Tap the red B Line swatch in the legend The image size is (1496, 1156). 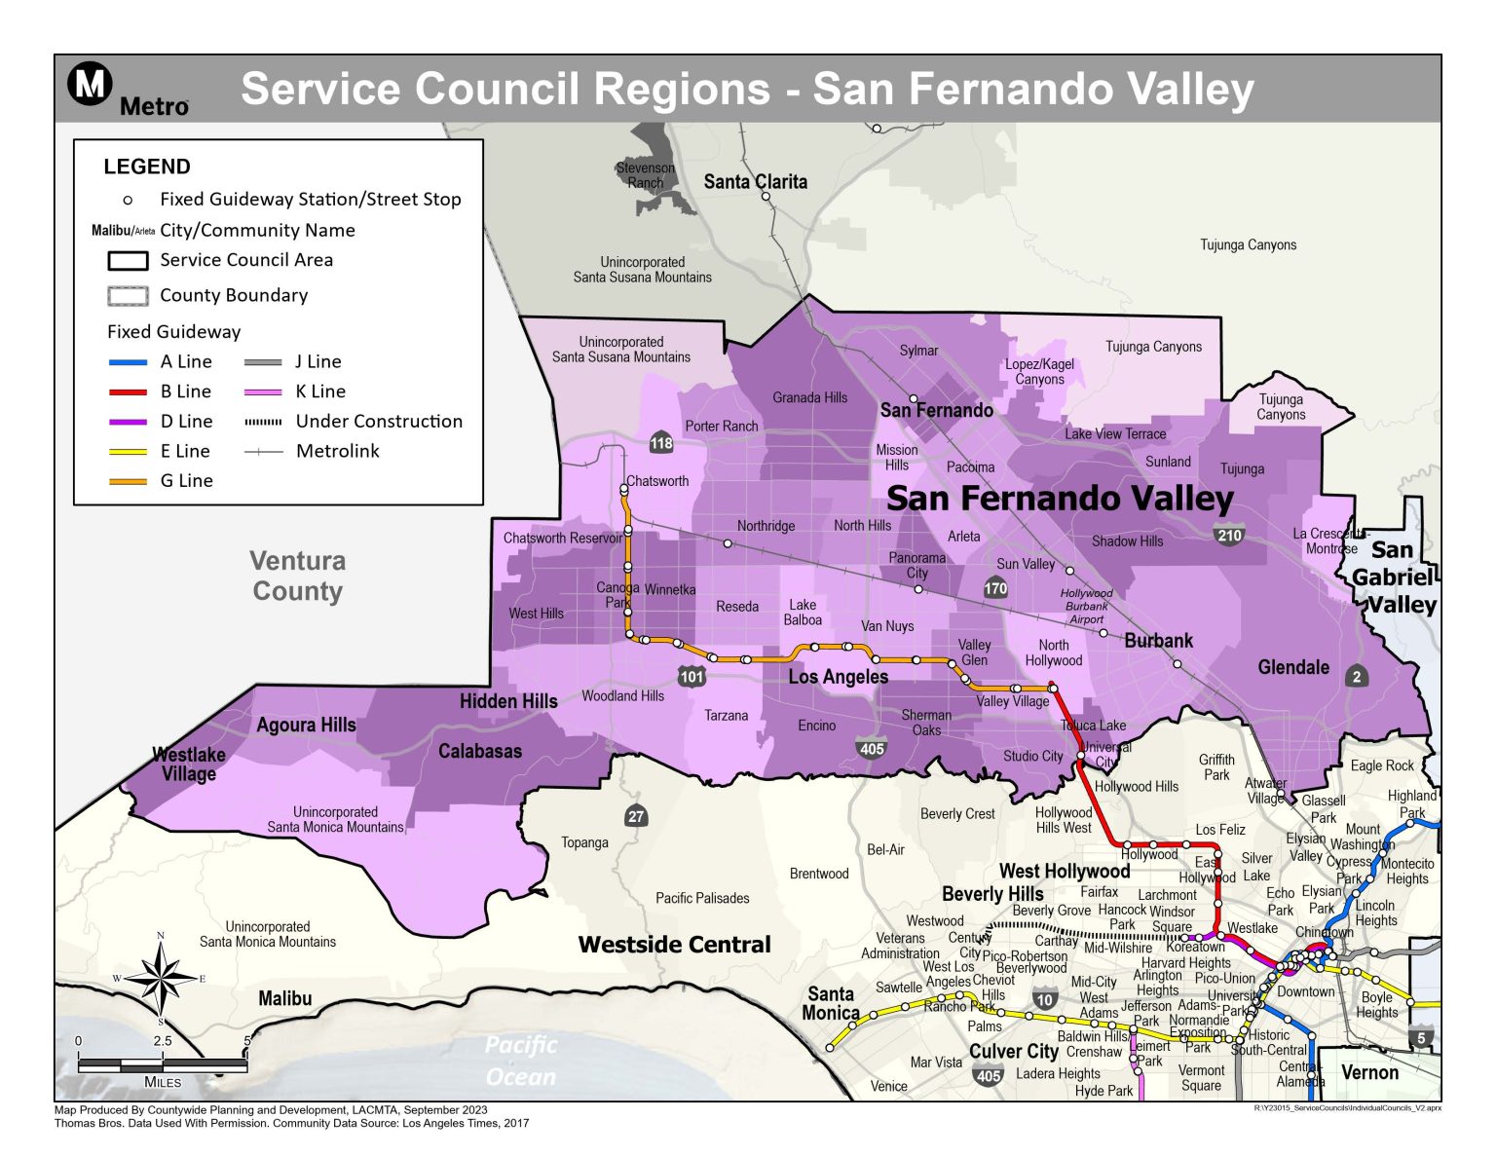point(128,392)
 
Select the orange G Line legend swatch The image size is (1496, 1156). point(128,481)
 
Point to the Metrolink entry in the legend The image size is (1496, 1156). point(337,451)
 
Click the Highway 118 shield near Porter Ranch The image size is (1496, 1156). point(661,443)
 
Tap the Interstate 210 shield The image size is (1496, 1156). point(1229,535)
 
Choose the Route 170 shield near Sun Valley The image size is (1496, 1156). point(995,588)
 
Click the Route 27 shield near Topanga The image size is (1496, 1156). point(636,816)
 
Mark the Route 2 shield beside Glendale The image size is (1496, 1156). point(1357,677)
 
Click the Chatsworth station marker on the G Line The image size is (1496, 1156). point(624,489)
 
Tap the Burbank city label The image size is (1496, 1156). point(1158,641)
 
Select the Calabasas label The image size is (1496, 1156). point(479,751)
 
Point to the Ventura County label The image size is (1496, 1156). point(297,576)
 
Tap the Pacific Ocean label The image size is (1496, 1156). point(521,1060)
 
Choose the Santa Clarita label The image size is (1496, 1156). point(755,181)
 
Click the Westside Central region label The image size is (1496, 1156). point(674,944)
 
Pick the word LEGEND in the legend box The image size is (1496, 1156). point(147,167)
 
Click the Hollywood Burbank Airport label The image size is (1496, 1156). point(1086,606)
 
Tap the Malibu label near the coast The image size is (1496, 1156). point(284,998)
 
